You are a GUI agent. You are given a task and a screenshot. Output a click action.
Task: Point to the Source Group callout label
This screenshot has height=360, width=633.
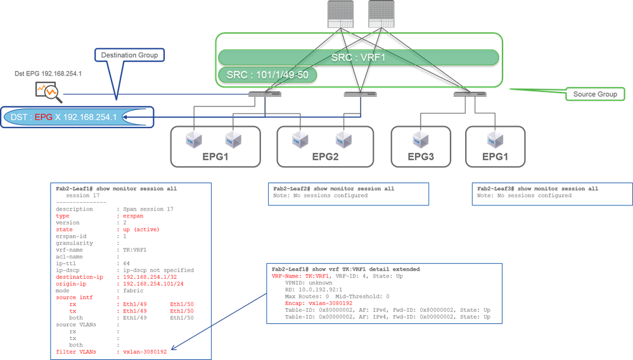coord(595,94)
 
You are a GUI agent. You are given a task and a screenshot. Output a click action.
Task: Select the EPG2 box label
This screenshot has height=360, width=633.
coord(325,156)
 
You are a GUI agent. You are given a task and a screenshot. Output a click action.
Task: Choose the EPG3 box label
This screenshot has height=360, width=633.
coord(424,156)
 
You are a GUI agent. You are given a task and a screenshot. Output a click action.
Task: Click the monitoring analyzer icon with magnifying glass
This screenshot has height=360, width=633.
coord(48,91)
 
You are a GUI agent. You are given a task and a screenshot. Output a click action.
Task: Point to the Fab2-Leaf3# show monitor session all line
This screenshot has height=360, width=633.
coord(537,189)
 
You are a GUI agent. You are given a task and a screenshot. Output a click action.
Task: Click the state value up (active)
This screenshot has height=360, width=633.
coord(140,229)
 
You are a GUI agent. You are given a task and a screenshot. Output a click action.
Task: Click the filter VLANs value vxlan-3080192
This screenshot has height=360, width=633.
coord(144,352)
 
